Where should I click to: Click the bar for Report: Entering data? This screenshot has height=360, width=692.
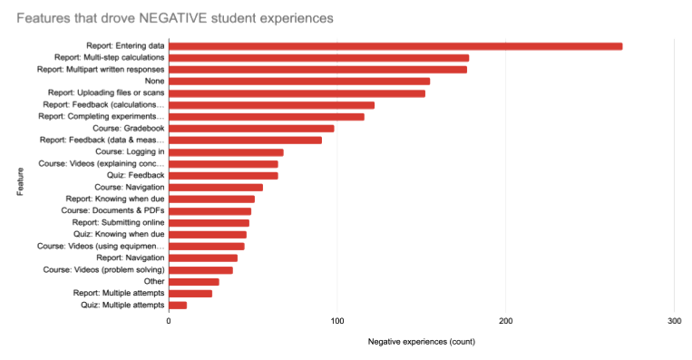395,46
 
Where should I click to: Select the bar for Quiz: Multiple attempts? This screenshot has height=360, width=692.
178,305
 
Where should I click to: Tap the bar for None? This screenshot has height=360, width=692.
299,82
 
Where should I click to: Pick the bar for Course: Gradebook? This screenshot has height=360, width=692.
251,129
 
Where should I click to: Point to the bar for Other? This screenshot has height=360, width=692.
193,281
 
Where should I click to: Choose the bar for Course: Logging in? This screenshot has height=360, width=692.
226,152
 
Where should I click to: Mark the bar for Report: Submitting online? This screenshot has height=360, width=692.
209,222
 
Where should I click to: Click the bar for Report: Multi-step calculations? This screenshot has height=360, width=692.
319,58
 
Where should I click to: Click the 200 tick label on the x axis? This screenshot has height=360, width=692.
506,322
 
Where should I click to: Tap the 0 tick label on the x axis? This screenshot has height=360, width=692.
169,322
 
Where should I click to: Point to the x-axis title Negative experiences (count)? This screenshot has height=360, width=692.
422,342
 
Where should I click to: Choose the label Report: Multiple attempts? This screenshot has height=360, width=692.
119,293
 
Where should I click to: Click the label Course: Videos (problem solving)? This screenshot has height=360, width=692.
103,269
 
